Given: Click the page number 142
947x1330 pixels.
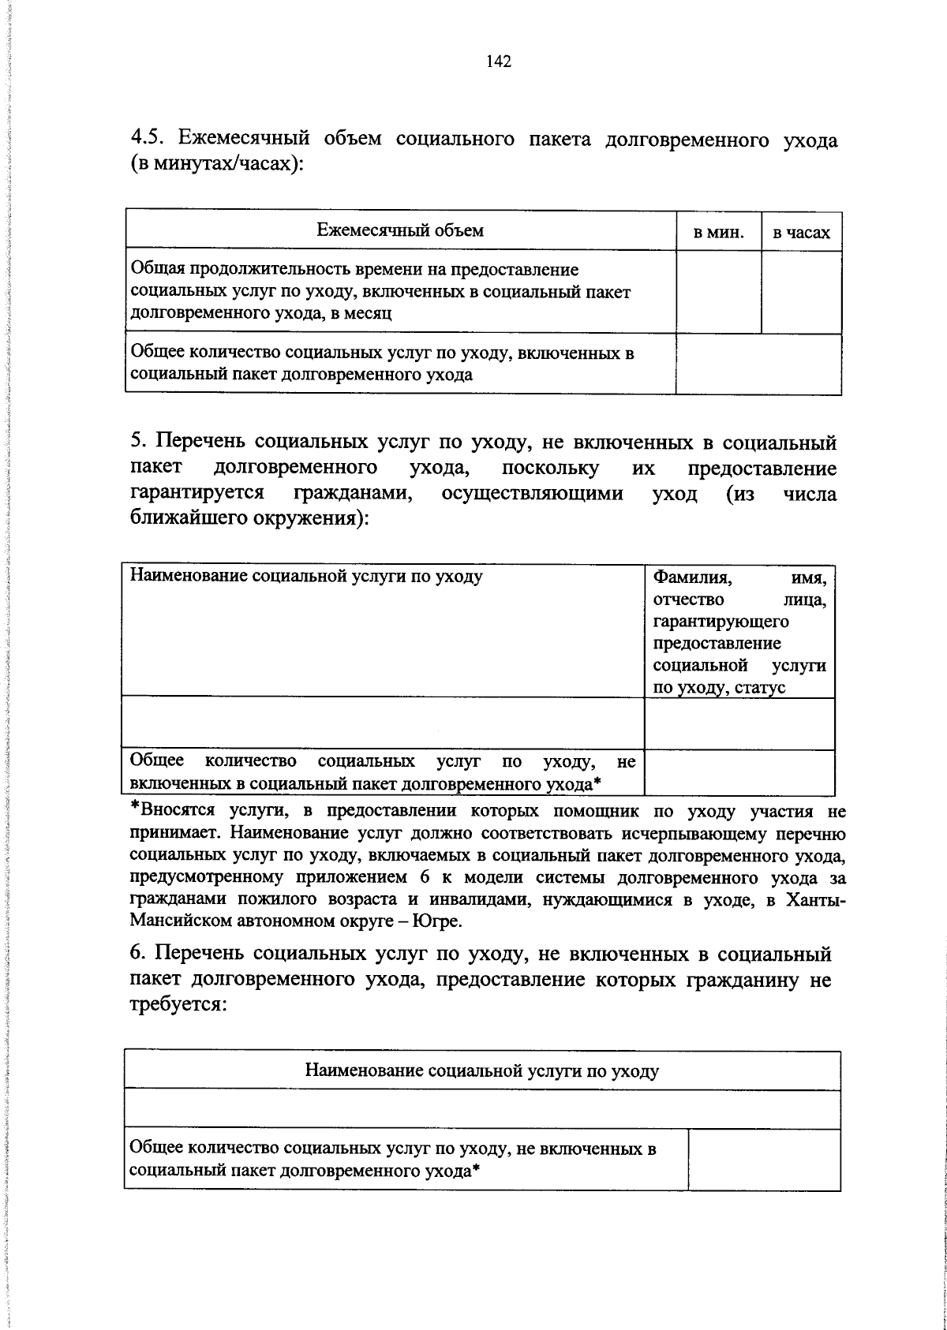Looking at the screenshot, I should (x=499, y=62).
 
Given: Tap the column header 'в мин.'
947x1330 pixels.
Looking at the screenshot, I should (x=718, y=233).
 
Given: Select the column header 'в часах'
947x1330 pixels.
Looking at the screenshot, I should (x=801, y=233).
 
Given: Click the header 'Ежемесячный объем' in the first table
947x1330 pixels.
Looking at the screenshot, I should (x=400, y=230).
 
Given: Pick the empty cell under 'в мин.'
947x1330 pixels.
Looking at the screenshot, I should (x=718, y=292).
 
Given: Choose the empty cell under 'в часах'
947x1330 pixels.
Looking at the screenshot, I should (x=801, y=292).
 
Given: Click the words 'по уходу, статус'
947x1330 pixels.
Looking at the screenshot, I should (x=719, y=688).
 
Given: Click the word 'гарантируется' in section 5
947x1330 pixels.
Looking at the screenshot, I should (x=197, y=494).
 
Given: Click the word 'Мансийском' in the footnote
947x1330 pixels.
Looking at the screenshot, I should (x=179, y=921).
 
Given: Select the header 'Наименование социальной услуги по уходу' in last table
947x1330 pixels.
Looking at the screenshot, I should (x=481, y=1070).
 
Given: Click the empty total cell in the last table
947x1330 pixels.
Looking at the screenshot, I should (x=763, y=1158).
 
